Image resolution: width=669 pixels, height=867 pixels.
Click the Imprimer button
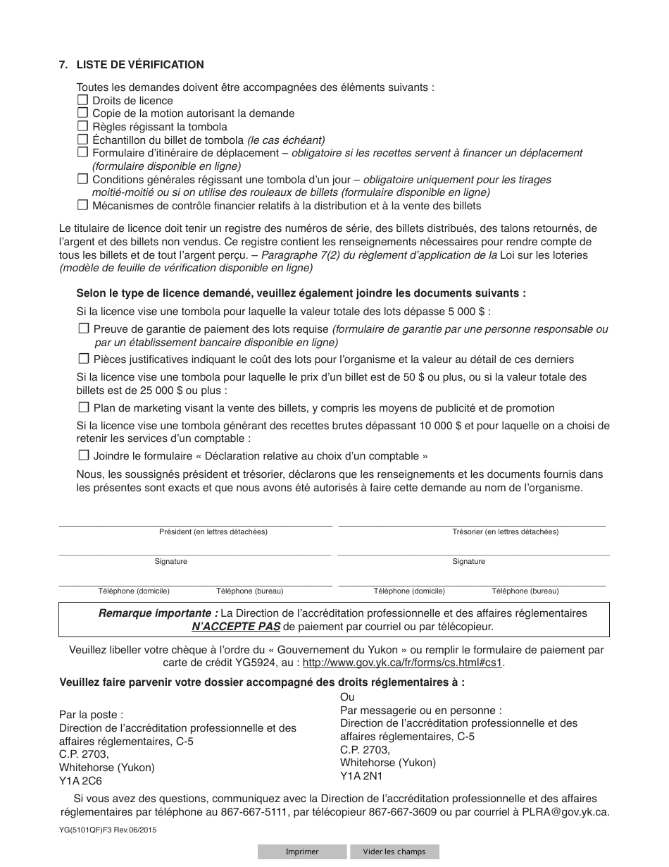(x=301, y=851)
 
